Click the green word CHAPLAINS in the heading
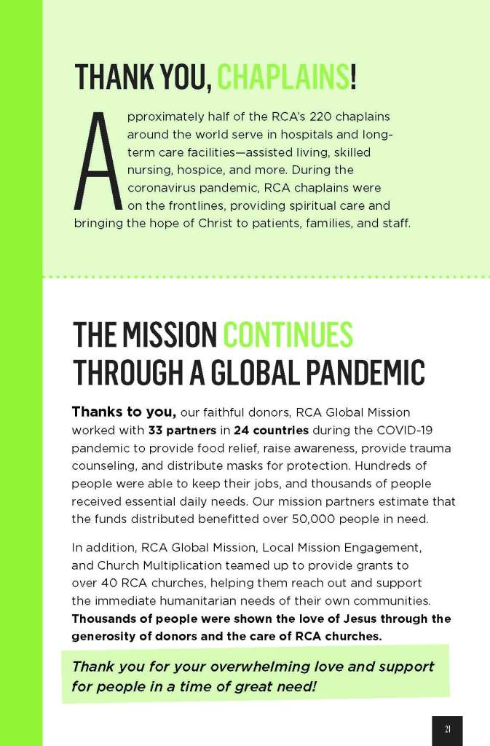point(283,77)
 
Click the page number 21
point(447,729)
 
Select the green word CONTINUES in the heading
point(288,335)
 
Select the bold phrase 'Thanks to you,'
point(124,412)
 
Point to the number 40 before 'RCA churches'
point(108,584)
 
